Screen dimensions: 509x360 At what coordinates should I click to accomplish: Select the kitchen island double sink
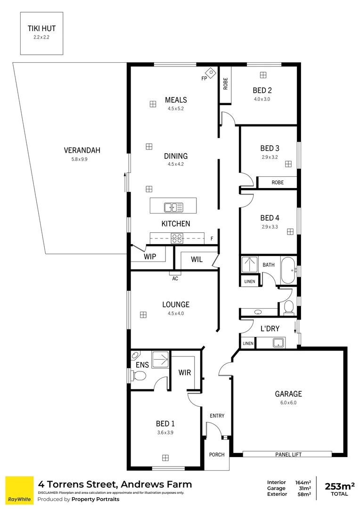[173, 206]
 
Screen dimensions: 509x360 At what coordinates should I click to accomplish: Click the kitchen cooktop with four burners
[177, 238]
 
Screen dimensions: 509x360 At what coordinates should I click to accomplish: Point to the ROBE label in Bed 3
[278, 182]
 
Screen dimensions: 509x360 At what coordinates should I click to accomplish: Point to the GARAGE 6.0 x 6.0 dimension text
[288, 403]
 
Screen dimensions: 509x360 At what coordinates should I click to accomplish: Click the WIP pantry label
[150, 257]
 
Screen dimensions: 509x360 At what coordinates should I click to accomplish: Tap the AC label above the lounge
[175, 279]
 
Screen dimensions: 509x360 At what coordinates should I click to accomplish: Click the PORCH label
[217, 455]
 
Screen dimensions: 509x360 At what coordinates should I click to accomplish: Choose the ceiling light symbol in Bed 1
[165, 457]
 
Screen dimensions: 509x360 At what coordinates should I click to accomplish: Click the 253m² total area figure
[339, 486]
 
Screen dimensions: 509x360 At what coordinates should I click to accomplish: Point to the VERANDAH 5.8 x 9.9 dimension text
[83, 159]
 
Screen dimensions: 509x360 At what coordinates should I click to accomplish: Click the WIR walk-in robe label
[184, 373]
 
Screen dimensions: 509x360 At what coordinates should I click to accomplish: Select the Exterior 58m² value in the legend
[305, 494]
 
